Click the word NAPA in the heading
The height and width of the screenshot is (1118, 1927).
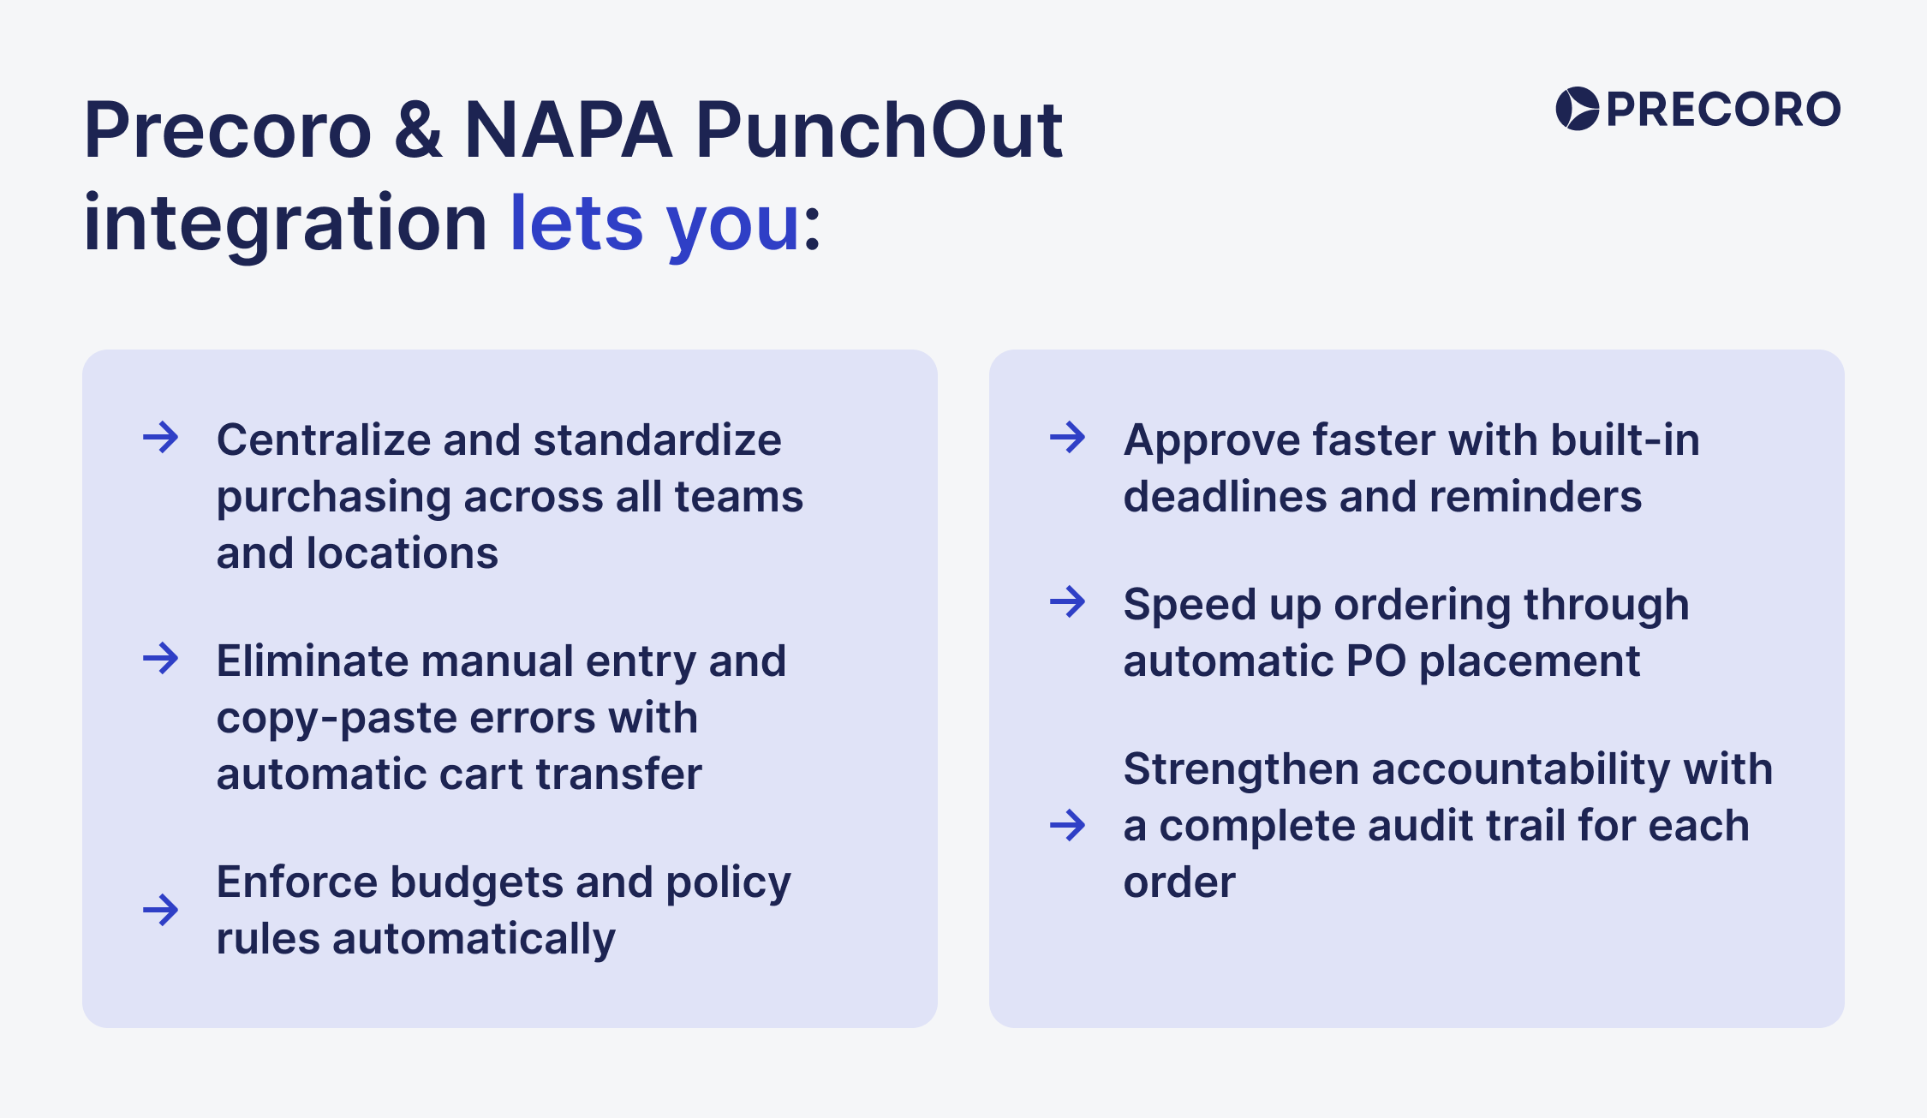point(568,130)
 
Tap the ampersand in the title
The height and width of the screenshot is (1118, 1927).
point(419,130)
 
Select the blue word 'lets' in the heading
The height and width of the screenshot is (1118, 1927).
point(576,223)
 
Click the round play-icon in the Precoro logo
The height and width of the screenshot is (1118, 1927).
point(1577,109)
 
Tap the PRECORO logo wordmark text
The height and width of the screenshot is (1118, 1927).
point(1723,110)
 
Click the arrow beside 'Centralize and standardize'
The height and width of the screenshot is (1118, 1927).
point(160,438)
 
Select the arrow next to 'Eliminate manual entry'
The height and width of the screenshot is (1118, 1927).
point(160,659)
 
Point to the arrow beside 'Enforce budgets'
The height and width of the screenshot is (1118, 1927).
point(160,909)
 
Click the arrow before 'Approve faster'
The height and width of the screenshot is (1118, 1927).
point(1067,438)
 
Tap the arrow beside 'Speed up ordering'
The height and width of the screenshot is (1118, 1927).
point(1067,602)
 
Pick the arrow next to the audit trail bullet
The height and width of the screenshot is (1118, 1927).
point(1067,825)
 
